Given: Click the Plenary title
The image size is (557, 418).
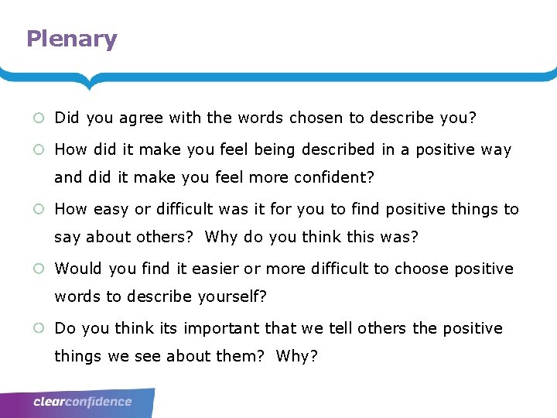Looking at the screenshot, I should click(71, 39).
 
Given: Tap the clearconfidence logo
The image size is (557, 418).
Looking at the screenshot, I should click(82, 402).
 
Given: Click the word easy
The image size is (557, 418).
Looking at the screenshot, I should click(111, 209).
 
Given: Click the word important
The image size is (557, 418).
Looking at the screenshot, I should click(221, 328).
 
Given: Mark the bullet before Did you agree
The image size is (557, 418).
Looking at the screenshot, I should click(38, 118).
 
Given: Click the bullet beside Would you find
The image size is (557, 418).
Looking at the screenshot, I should click(38, 269).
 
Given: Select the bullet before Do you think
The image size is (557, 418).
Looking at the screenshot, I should click(38, 328).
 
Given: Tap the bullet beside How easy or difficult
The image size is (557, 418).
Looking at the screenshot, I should click(38, 209).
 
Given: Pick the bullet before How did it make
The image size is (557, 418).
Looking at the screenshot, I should click(38, 149).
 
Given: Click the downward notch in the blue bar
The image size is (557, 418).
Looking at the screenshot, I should click(90, 83).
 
